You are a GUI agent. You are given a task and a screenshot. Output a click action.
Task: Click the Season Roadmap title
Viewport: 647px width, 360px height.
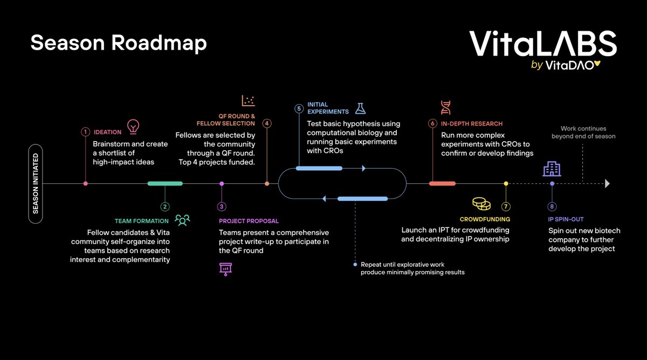119,43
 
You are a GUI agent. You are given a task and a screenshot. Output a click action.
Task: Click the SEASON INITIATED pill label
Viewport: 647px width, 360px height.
36,183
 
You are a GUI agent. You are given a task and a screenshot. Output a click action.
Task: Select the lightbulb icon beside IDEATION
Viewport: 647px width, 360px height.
133,127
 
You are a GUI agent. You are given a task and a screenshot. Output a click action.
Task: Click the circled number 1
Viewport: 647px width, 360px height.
85,131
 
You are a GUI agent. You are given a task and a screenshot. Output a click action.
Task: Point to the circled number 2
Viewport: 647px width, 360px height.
165,206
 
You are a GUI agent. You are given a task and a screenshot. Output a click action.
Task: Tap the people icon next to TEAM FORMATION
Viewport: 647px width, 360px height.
182,220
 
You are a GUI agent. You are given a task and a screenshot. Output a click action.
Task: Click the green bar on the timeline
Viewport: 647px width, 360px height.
165,184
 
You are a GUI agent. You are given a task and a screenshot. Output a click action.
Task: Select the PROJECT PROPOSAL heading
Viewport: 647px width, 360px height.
249,221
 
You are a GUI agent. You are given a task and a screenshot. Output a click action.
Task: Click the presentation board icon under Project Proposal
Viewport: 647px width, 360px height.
225,268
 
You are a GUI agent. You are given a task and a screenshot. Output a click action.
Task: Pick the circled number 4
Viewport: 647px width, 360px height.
267,123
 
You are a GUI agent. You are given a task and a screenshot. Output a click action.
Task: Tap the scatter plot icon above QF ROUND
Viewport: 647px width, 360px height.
249,100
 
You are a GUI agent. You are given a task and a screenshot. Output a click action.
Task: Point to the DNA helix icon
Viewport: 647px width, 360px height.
446,108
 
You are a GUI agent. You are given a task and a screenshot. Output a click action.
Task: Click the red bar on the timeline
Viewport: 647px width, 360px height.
442,184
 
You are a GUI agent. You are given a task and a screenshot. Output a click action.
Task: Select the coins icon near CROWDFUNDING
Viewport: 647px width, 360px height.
481,204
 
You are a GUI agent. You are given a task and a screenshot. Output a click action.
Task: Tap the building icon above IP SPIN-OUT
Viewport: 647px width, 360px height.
552,170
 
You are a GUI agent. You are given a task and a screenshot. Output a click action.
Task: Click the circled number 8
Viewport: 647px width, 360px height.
552,206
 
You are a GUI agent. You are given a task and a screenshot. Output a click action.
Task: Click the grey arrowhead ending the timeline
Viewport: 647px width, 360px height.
607,184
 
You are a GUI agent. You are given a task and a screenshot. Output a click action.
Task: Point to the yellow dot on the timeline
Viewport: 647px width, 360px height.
506,184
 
